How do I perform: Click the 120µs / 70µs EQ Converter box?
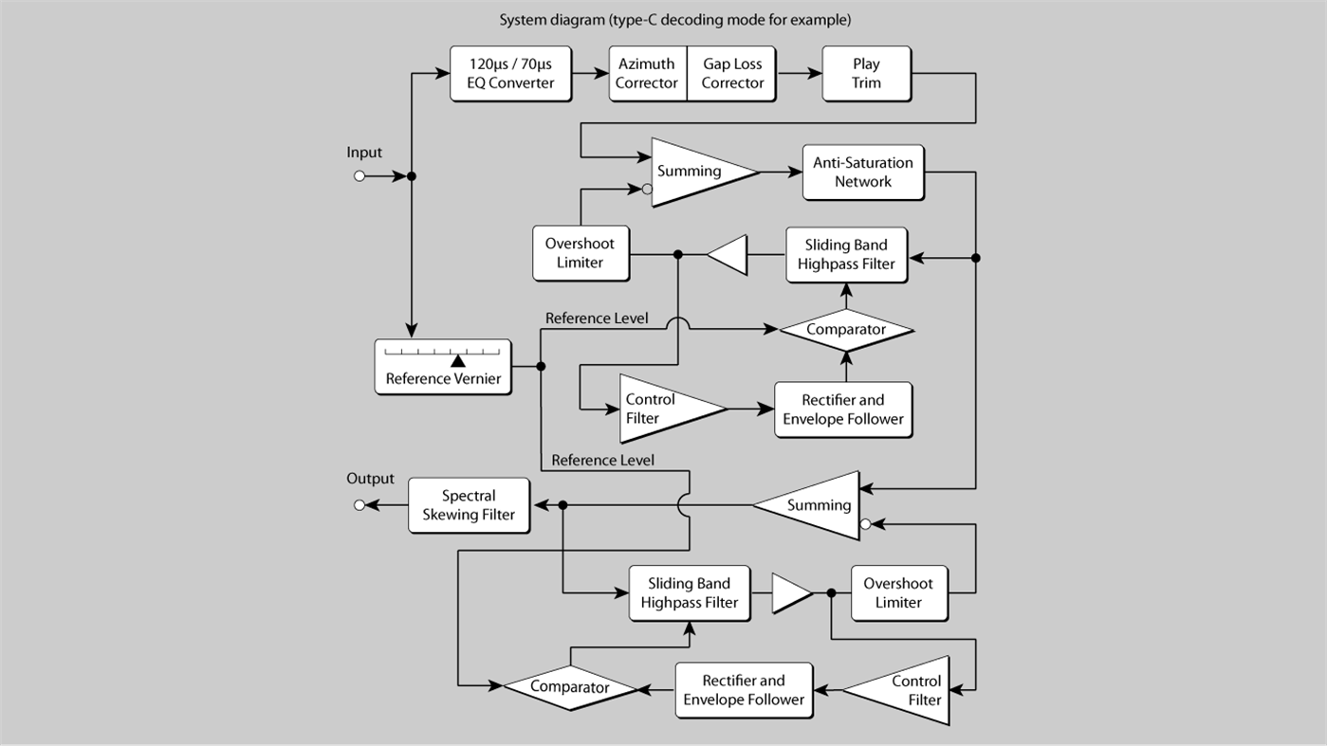click(509, 74)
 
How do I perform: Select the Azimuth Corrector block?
click(646, 74)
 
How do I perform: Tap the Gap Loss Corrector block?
click(732, 74)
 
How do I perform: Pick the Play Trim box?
click(865, 74)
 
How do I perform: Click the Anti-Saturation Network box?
click(862, 173)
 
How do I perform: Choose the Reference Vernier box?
click(443, 367)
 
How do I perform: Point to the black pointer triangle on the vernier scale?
click(458, 360)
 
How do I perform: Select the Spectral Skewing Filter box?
click(469, 505)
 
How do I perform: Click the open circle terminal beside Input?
click(359, 176)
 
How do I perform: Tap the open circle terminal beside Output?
click(359, 505)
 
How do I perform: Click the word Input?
click(364, 153)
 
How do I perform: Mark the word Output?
click(370, 480)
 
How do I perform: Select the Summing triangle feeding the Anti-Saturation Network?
click(697, 172)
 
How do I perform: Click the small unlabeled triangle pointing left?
click(728, 255)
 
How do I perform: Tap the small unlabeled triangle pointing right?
click(790, 593)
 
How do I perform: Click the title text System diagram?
click(674, 20)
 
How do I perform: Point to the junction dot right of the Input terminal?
click(412, 176)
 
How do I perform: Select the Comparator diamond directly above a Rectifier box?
click(845, 330)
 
